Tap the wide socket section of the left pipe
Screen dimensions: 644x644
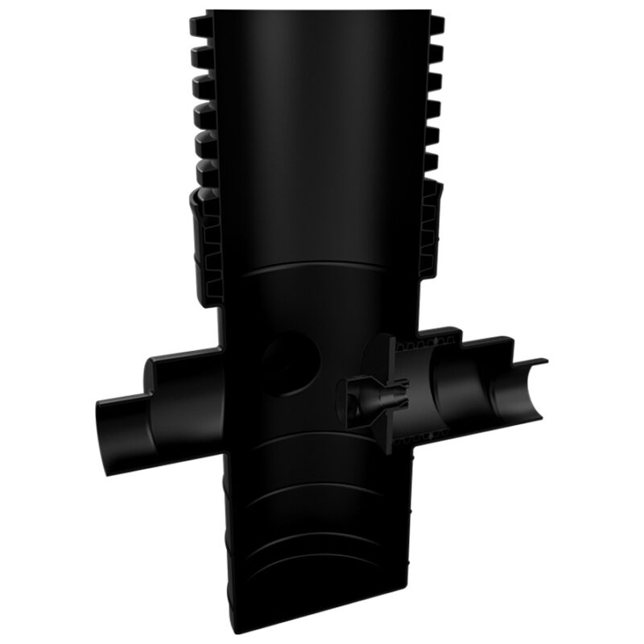click(169, 386)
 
